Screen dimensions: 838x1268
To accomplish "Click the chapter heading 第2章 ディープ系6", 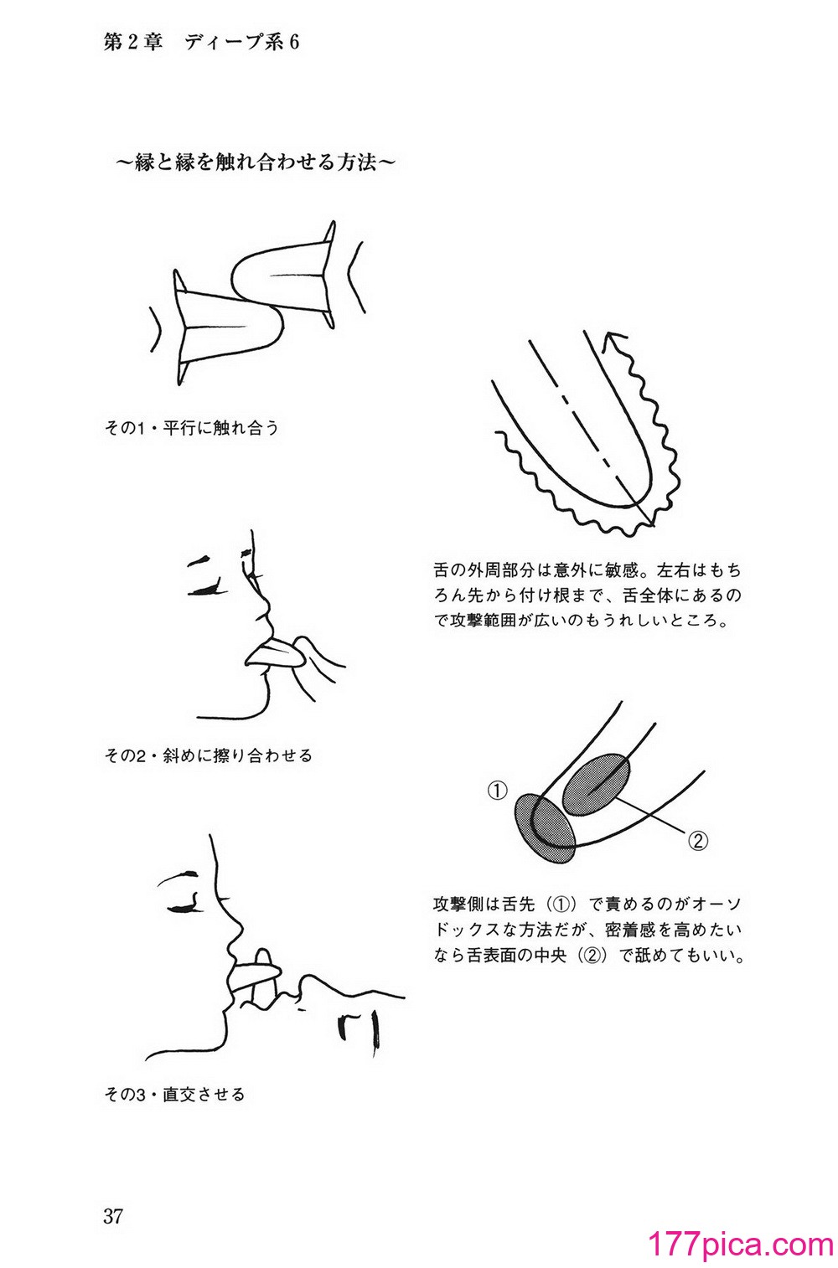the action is (x=202, y=43).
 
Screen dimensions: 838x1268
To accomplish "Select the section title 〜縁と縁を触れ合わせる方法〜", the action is (x=256, y=163).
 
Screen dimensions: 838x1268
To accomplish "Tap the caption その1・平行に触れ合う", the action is (x=191, y=428).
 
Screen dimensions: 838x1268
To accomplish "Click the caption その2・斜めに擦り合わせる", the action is (x=209, y=755).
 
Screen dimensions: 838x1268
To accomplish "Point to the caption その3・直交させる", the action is (x=174, y=1094).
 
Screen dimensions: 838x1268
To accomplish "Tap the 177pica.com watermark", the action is (x=741, y=1245).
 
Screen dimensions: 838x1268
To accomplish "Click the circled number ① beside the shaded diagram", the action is (x=498, y=791).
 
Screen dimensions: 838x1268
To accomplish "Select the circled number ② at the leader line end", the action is (x=697, y=841).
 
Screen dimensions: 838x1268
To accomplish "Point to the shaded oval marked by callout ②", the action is (x=596, y=783).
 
